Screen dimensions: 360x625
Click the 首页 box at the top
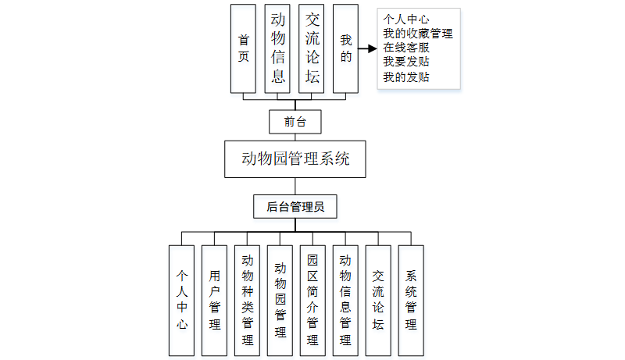click(243, 47)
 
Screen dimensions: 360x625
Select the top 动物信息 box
click(277, 47)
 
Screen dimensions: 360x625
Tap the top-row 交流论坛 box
click(312, 47)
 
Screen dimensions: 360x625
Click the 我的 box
click(345, 47)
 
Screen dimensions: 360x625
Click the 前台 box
click(295, 122)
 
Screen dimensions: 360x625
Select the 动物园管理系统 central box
click(295, 159)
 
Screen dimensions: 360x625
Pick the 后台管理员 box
click(295, 206)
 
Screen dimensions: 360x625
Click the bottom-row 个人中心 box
click(181, 300)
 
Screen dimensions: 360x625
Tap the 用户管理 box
click(214, 300)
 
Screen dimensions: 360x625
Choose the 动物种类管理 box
click(247, 300)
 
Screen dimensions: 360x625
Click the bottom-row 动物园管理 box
click(280, 300)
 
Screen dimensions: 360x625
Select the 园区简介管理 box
click(312, 300)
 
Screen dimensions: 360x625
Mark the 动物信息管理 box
click(345, 300)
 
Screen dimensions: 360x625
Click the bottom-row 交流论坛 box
click(378, 300)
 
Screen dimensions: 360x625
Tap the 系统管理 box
click(411, 300)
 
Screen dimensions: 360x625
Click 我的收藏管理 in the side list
click(418, 34)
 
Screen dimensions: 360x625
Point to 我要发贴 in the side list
click(406, 62)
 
